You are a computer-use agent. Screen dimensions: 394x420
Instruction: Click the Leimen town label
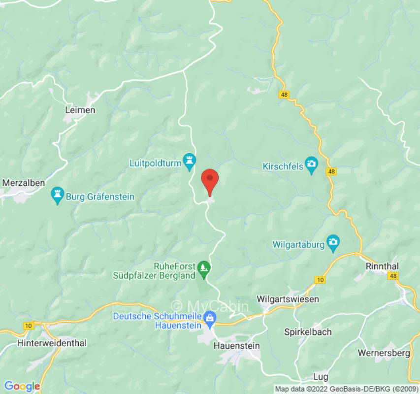[80, 110]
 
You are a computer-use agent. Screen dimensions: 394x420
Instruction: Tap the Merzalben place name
[24, 183]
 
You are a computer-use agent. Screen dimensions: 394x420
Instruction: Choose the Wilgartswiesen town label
[288, 299]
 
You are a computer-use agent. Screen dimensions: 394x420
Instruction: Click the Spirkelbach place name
[308, 332]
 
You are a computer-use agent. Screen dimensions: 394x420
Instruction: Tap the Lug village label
[321, 377]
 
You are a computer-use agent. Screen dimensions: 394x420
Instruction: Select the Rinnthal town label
[382, 266]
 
